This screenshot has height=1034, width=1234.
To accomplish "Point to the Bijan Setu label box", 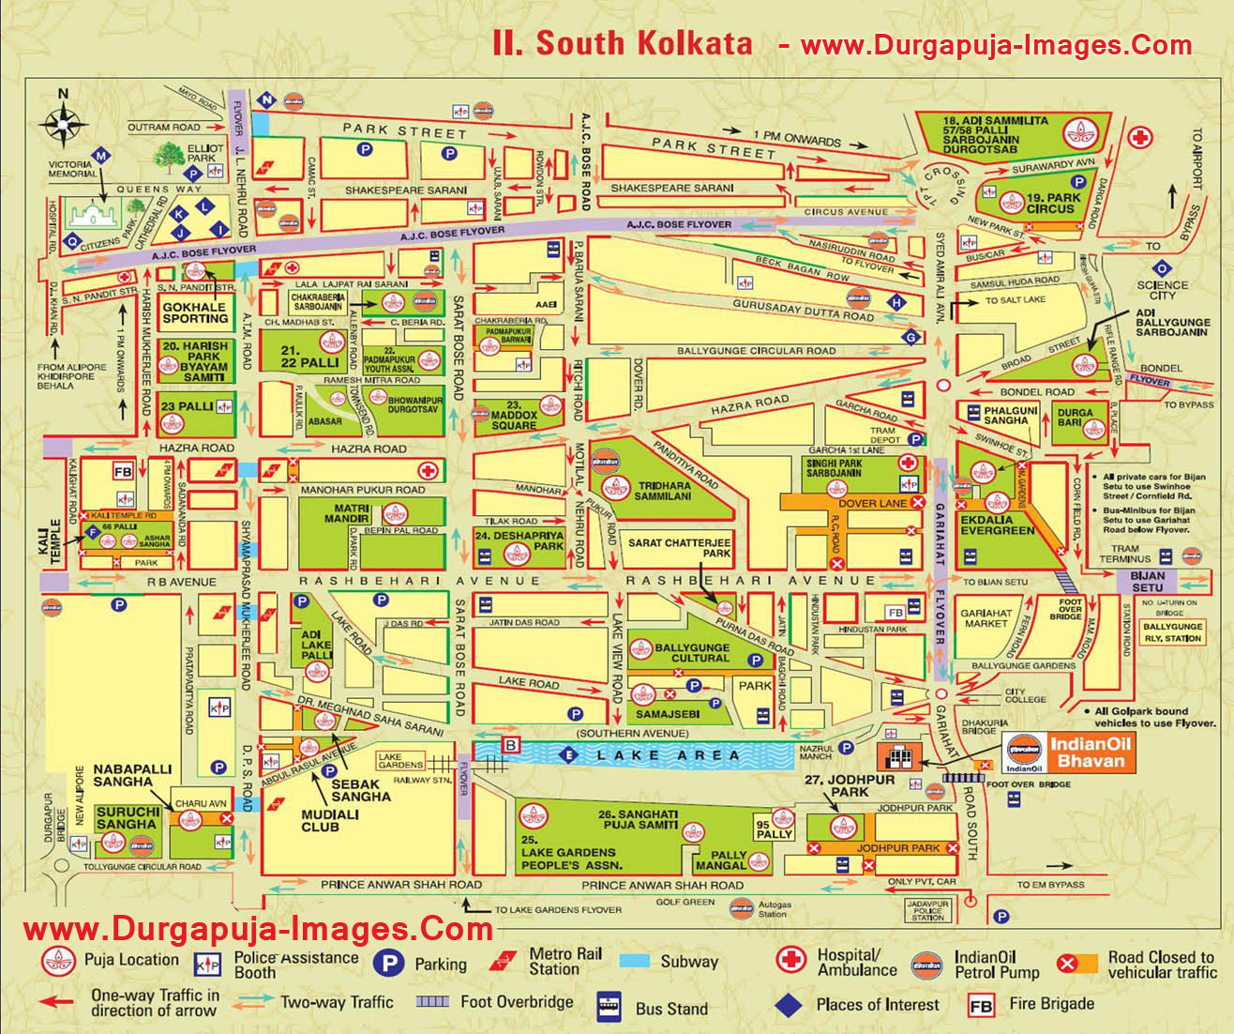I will pos(1147,581).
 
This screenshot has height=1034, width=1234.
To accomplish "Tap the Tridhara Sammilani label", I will pos(664,491).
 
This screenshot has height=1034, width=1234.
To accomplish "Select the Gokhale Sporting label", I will pos(194,312).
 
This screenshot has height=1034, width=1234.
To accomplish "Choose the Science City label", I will pos(1162,290).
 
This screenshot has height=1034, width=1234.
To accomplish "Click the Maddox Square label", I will pos(513,415).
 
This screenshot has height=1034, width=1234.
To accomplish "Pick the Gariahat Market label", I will pos(985,618).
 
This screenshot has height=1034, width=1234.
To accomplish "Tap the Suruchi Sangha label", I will pos(127,818).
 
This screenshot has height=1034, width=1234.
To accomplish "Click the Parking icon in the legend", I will pos(388,964).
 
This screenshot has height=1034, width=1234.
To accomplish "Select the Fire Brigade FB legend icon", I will pos(981,1005).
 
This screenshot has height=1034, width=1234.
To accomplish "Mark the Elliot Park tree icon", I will pos(170,155).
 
